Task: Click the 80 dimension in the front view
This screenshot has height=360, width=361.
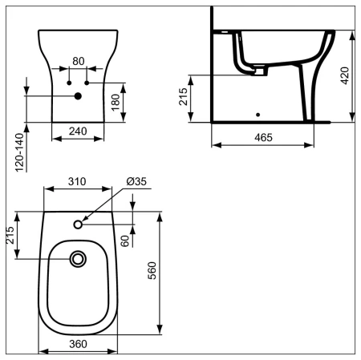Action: tap(78, 61)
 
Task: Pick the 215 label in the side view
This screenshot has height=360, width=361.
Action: tap(184, 98)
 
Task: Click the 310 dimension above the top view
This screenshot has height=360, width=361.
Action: tap(78, 183)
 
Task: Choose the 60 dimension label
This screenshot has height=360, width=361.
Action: tap(125, 240)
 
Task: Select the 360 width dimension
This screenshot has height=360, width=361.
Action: tap(78, 343)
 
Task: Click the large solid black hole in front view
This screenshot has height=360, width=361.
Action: tap(78, 97)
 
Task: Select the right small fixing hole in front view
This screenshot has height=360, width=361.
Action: tap(87, 83)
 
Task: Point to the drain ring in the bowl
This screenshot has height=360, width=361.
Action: tap(78, 259)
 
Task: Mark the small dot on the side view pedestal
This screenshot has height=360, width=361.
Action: tap(257, 114)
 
